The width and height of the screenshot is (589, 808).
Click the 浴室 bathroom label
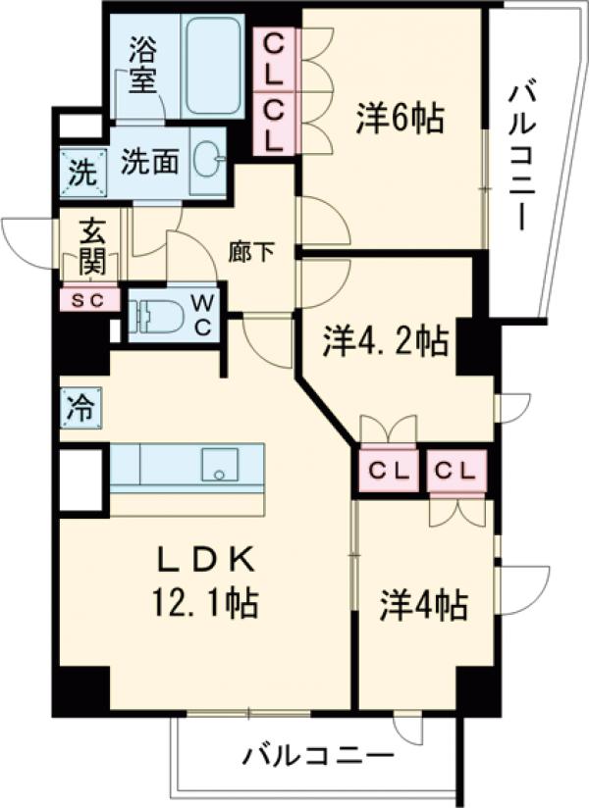click(x=145, y=62)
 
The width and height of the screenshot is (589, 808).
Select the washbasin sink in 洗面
click(x=208, y=162)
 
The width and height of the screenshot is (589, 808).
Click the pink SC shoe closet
click(x=89, y=299)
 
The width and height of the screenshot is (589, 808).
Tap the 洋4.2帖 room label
click(x=387, y=342)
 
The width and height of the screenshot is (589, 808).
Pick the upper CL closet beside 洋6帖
click(x=274, y=58)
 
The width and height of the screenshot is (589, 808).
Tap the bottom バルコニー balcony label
click(x=318, y=756)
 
